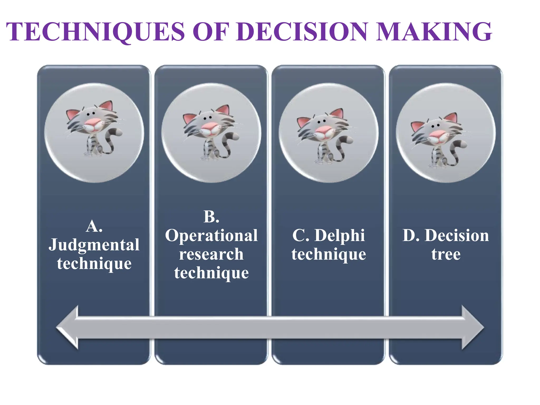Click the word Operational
click(x=211, y=235)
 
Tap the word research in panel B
click(x=211, y=254)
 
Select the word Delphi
click(x=340, y=235)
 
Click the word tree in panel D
click(x=446, y=254)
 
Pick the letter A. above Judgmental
click(x=94, y=226)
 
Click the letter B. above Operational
click(x=211, y=217)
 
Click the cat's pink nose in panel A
click(x=94, y=123)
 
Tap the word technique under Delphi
click(x=329, y=254)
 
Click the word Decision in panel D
click(x=457, y=235)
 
